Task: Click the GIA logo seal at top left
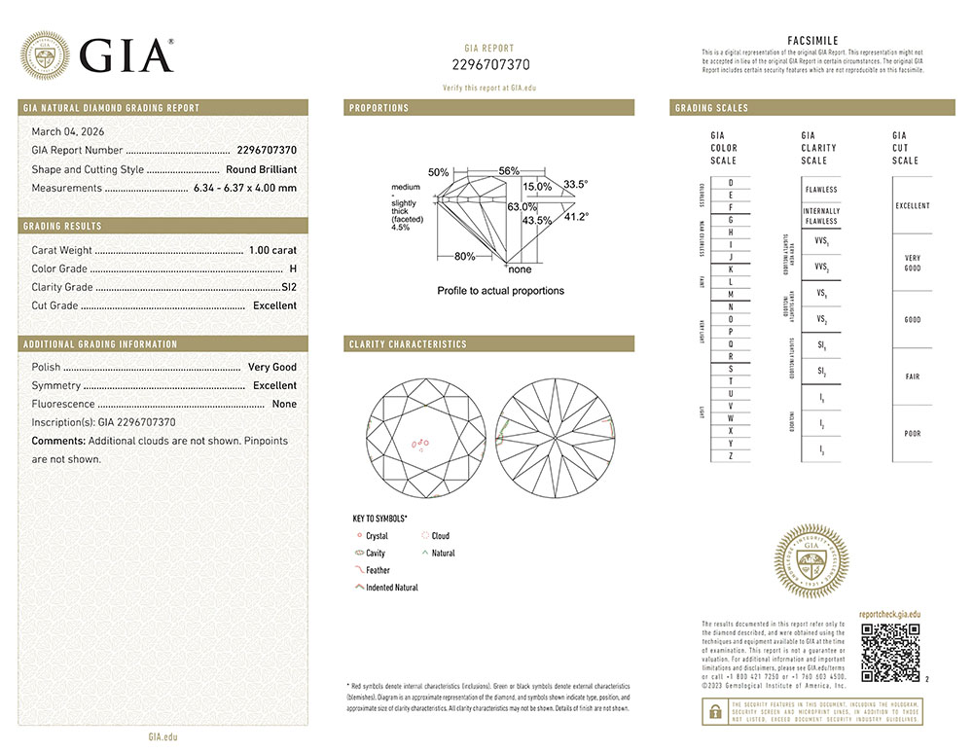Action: pos(45,54)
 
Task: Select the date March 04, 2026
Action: pos(68,131)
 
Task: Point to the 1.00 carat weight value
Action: pos(272,250)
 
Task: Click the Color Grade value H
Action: pos(293,269)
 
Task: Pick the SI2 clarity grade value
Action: pos(288,287)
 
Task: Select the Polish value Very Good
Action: pos(272,367)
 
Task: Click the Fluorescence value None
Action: pos(284,404)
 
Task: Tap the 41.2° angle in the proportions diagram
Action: pos(577,216)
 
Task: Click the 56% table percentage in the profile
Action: pos(509,170)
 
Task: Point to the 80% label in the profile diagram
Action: pos(464,257)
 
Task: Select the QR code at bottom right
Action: pos(891,652)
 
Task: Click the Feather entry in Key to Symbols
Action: pos(378,570)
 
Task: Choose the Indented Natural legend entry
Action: pos(391,588)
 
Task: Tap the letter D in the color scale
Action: pos(731,183)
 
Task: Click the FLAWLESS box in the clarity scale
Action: pos(821,190)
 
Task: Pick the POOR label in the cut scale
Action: pos(912,434)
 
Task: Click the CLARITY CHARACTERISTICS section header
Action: pos(408,344)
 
